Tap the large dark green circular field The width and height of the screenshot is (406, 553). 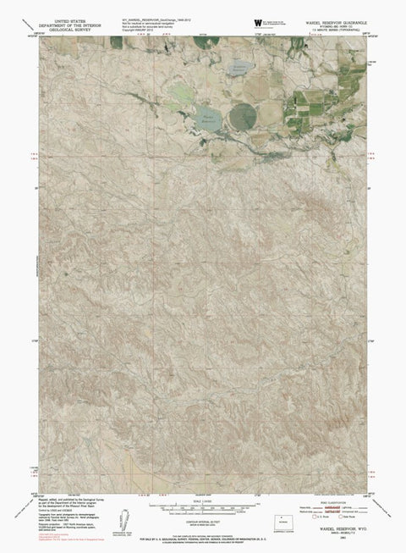coord(244,114)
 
